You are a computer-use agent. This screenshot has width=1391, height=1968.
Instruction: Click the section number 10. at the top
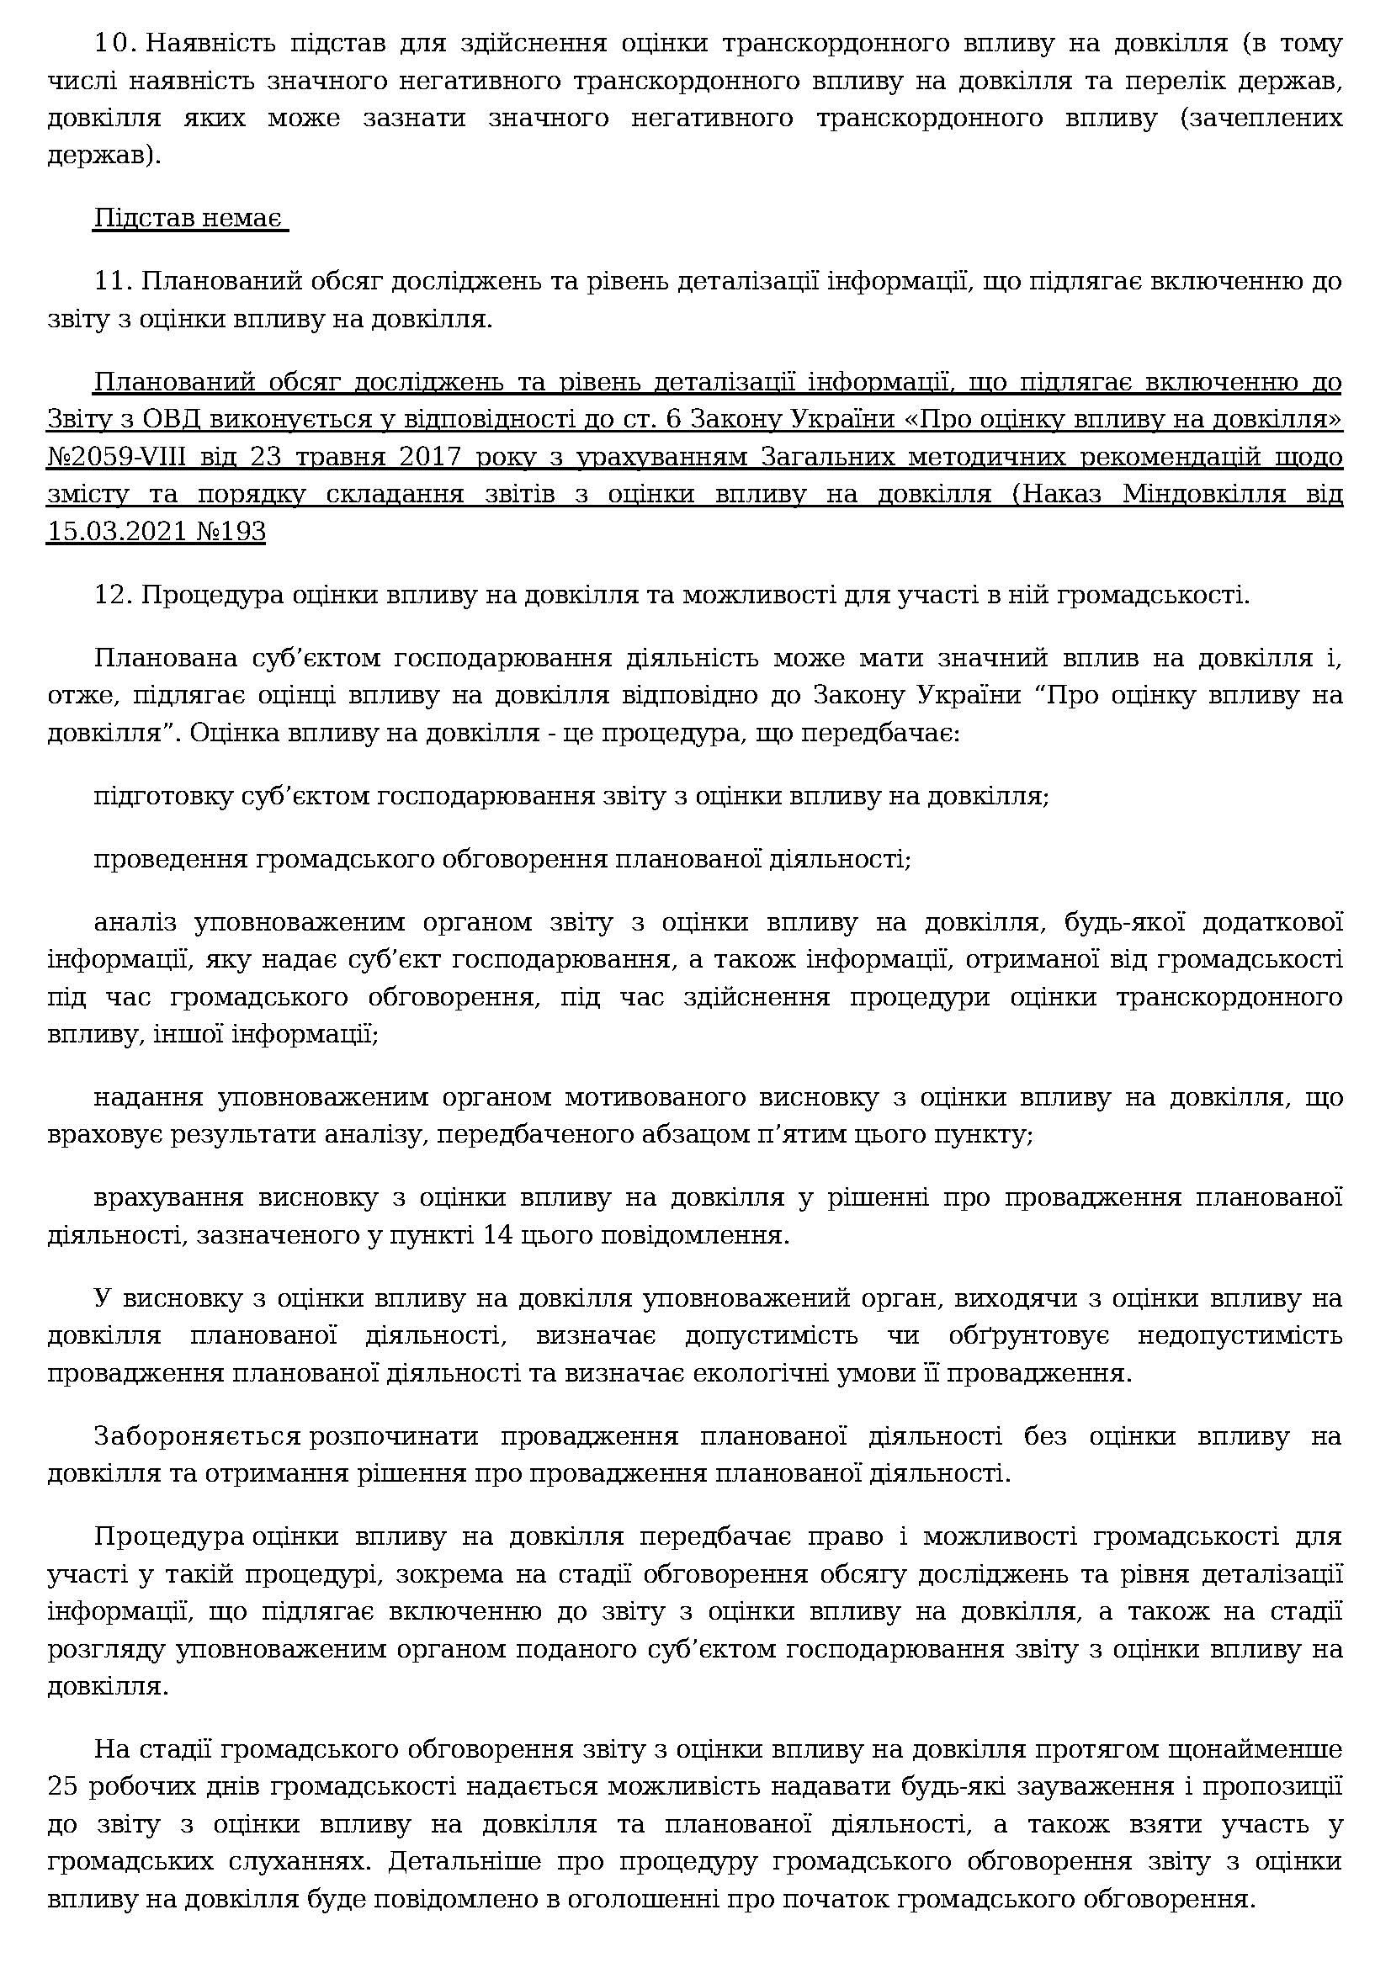tap(112, 44)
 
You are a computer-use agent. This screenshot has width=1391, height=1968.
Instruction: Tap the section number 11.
tap(112, 282)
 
